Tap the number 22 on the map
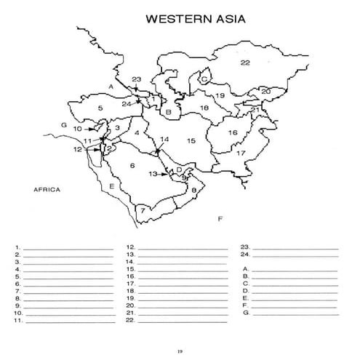(x=245, y=63)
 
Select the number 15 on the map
(x=191, y=140)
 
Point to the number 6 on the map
(x=132, y=166)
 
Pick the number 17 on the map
(x=240, y=153)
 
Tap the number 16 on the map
(x=233, y=133)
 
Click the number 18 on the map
(x=205, y=108)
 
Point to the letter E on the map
(x=111, y=187)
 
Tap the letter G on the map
(x=64, y=125)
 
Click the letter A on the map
(x=111, y=86)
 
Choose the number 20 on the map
(x=265, y=91)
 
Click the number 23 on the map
(x=136, y=79)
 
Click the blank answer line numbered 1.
(x=69, y=248)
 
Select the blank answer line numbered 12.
(x=182, y=248)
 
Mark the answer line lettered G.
(x=295, y=313)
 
